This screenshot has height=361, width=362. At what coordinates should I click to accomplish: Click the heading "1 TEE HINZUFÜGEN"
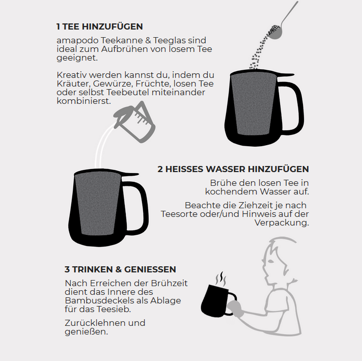[99, 26]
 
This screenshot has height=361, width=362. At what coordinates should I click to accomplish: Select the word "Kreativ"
[72, 75]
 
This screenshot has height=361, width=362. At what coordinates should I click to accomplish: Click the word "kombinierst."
[84, 101]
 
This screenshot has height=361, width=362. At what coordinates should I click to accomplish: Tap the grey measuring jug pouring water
[134, 122]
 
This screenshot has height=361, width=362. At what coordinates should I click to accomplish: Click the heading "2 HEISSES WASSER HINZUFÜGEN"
[233, 169]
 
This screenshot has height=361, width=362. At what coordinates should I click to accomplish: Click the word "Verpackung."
[282, 223]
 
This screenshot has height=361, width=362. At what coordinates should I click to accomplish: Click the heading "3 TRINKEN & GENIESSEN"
[120, 269]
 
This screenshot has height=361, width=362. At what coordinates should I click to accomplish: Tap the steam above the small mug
[220, 279]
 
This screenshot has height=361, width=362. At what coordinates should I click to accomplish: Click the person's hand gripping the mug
[235, 308]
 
